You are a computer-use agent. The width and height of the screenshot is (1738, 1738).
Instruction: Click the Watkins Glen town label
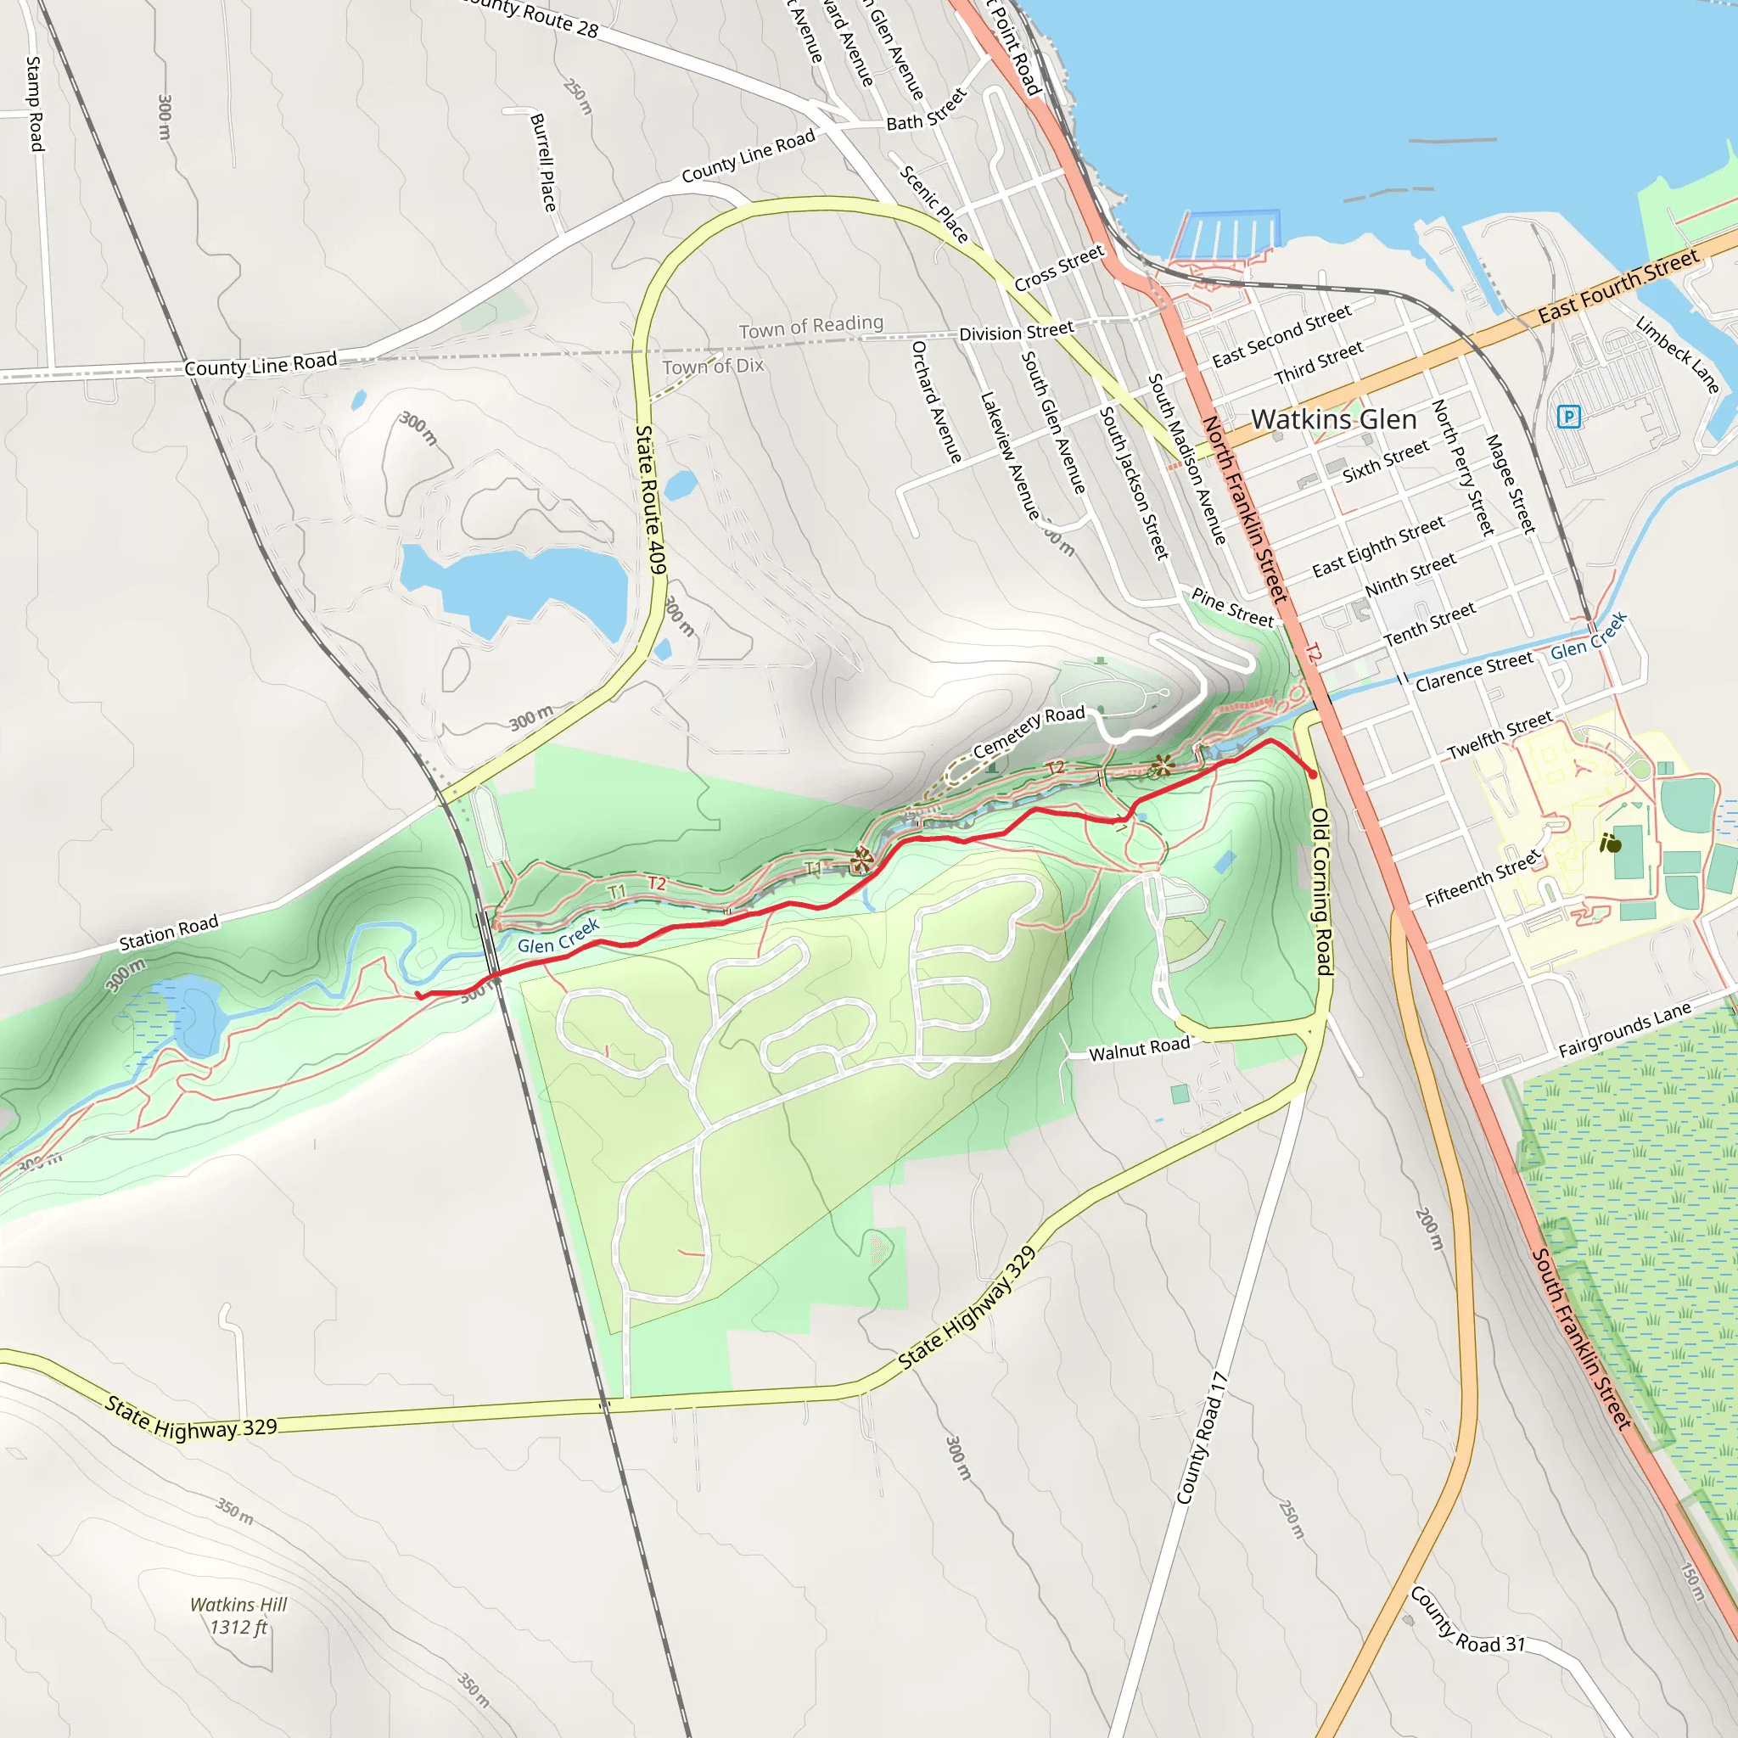coord(1333,420)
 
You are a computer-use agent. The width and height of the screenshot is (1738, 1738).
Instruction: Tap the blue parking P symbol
coord(1568,417)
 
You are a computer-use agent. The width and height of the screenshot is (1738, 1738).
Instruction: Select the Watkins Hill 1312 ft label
coord(238,1616)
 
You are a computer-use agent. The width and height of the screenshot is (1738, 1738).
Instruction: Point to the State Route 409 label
coord(650,499)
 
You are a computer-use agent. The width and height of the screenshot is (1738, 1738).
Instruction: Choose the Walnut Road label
coord(1139,1049)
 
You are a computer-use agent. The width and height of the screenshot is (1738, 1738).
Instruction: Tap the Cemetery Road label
coord(1029,732)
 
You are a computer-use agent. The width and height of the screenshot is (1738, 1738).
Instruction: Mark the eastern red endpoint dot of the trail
coord(1313,775)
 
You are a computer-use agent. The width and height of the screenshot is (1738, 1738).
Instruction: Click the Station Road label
coord(169,932)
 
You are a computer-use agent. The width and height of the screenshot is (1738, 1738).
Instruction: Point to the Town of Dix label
coord(713,366)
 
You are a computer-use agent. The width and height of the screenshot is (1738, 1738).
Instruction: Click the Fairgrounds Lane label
coord(1623,1029)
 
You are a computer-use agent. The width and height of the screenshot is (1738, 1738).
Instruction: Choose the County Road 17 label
coord(1202,1438)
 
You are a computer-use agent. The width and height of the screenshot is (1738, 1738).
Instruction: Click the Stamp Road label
coord(34,104)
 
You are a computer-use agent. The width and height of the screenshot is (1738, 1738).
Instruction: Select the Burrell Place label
coord(542,162)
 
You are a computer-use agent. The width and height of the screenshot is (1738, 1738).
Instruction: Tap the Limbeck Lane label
coord(1677,355)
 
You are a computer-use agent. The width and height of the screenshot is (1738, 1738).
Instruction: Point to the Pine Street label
coord(1232,608)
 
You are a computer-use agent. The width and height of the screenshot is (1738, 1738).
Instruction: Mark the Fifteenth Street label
coord(1483,879)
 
